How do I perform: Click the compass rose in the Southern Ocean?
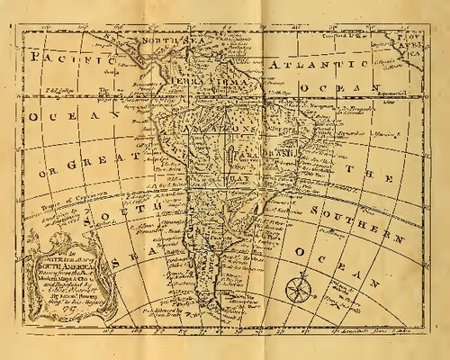tap(297, 291)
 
